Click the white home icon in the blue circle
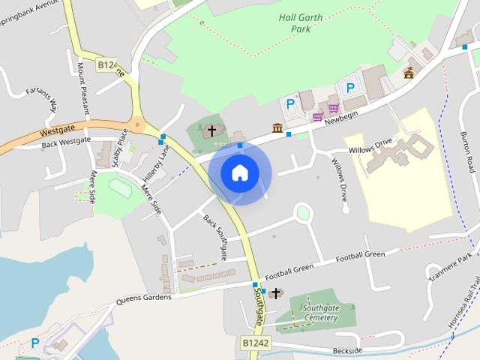239,173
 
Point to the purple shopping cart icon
318,116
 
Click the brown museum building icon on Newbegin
277,128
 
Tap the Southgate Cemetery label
310,313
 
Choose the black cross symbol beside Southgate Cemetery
276,292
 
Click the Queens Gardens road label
143,298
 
